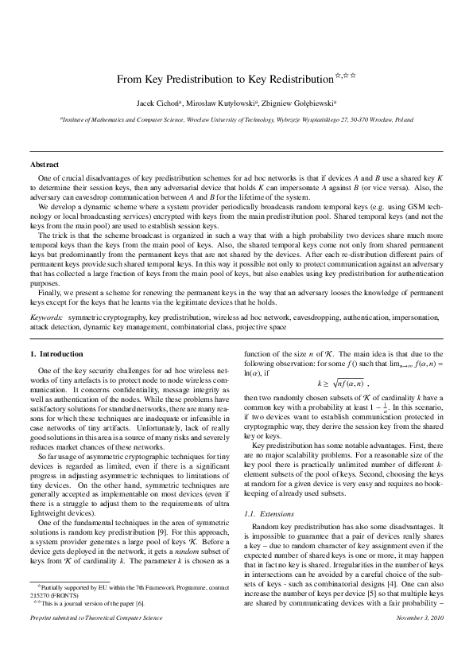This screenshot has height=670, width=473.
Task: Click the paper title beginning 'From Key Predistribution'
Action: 223,80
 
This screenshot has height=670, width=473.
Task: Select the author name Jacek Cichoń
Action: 157,103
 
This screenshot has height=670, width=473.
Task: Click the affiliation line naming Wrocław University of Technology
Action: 237,118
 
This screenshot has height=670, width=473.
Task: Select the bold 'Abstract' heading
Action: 45,165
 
